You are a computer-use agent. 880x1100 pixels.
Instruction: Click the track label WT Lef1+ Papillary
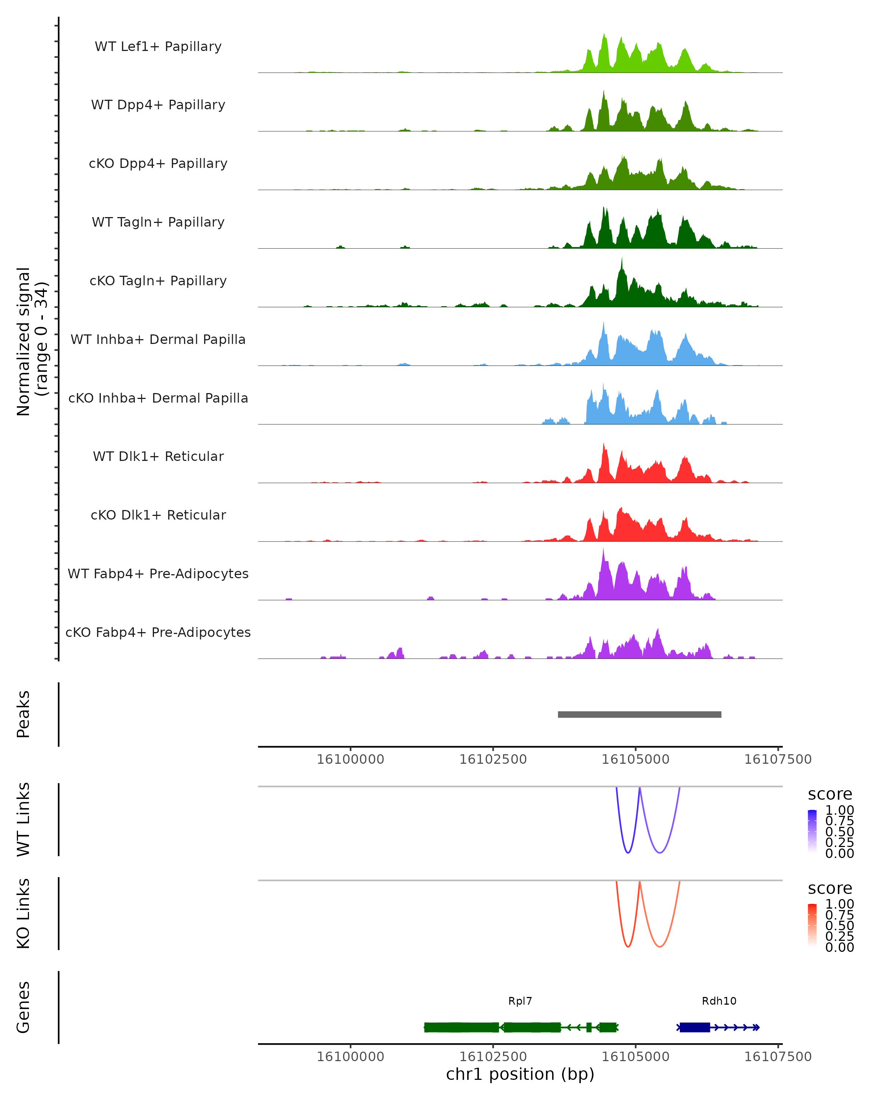(158, 47)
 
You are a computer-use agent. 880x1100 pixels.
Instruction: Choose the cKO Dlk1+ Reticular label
(158, 515)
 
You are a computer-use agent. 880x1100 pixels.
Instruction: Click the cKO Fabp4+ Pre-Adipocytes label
(158, 632)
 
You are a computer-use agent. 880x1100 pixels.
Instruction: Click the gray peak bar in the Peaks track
(639, 714)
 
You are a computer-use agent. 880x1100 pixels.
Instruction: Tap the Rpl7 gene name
(520, 1001)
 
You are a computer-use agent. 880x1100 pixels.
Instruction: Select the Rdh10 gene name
(719, 1001)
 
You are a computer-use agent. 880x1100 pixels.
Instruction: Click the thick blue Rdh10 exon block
(695, 1027)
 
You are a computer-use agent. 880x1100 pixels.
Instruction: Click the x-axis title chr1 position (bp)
(520, 1074)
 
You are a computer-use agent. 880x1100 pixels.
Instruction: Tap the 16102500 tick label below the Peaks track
(493, 759)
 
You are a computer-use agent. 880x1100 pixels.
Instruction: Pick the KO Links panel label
(23, 913)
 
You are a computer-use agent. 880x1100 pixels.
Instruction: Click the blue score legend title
(829, 795)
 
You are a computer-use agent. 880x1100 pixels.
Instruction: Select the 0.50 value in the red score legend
(839, 925)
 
